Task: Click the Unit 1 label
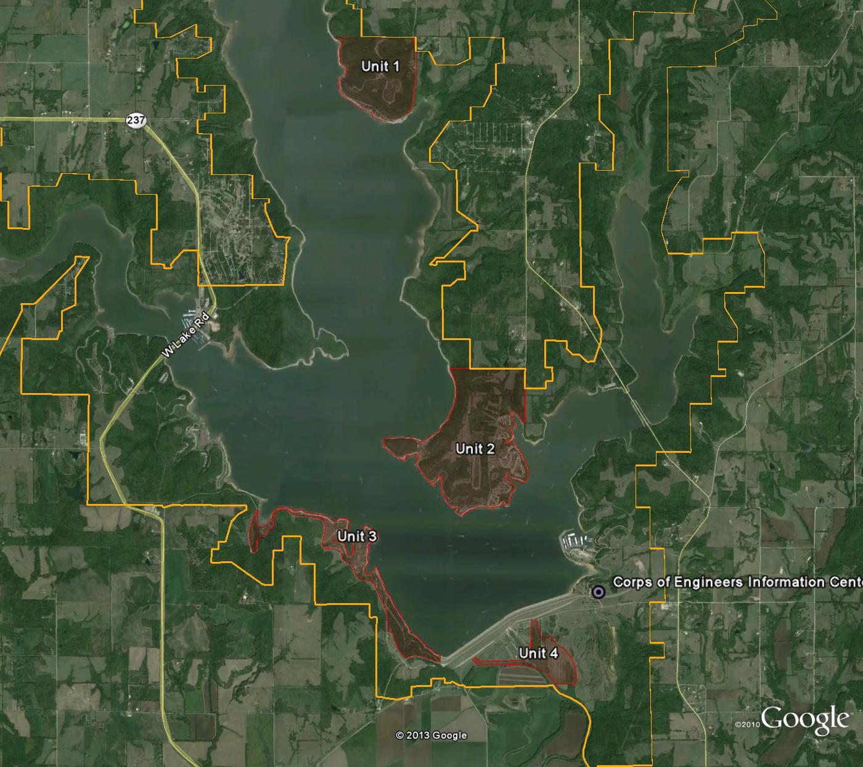click(x=380, y=66)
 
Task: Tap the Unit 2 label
click(x=475, y=448)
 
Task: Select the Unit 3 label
click(x=357, y=536)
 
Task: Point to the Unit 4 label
click(x=538, y=653)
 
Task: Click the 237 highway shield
click(x=136, y=120)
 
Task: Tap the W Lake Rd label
click(x=186, y=336)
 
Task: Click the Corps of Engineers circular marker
click(x=597, y=593)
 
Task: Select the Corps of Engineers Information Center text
click(x=737, y=582)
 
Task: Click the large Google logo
click(x=805, y=720)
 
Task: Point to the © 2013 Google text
click(x=431, y=736)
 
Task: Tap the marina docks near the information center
click(x=576, y=543)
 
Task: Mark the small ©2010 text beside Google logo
click(x=747, y=724)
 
